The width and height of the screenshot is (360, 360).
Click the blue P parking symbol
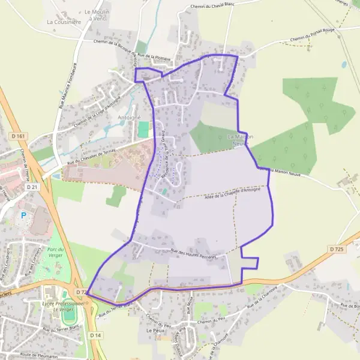click(x=23, y=215)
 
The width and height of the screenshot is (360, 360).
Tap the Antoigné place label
click(x=129, y=117)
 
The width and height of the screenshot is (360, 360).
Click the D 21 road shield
click(x=32, y=187)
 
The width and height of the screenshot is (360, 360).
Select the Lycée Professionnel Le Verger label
click(x=62, y=306)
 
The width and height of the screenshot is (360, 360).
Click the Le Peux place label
click(x=155, y=331)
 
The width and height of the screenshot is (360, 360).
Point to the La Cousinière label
click(x=64, y=22)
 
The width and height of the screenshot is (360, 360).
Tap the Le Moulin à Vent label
click(x=95, y=15)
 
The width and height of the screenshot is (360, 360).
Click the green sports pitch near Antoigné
click(x=143, y=129)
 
